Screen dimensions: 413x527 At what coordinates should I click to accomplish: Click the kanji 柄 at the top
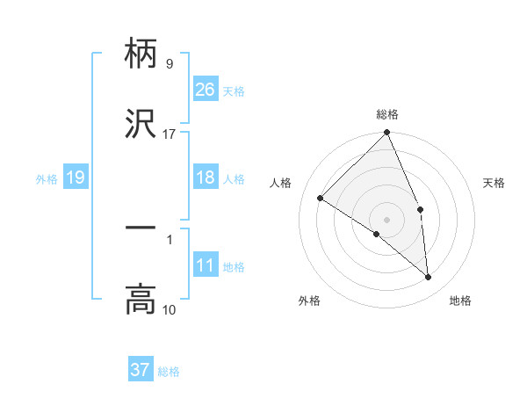141,55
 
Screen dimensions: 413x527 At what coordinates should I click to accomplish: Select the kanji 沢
141,124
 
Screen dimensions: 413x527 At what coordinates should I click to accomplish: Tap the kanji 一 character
141,229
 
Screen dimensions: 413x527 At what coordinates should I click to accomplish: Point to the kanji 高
141,300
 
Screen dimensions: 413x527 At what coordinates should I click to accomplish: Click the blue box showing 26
205,90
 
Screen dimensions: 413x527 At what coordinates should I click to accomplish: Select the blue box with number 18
205,178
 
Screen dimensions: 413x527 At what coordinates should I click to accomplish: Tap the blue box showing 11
205,265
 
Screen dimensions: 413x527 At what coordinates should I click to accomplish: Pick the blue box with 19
75,178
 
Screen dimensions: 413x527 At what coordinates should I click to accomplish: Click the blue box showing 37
140,370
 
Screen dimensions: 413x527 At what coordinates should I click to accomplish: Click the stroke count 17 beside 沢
170,134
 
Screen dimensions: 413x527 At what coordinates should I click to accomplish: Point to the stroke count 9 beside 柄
170,64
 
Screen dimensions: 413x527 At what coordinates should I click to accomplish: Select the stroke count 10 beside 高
170,309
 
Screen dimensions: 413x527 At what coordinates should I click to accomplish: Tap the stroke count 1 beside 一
170,239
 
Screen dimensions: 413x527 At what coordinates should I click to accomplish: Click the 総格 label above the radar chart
387,114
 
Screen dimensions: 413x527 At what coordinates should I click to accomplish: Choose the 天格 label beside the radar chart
495,183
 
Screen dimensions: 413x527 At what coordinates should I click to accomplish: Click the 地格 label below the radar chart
460,301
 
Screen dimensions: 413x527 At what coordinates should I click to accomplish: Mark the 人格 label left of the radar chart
281,183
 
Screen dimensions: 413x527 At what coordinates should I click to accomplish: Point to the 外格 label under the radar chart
309,301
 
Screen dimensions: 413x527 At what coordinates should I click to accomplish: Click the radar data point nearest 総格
387,134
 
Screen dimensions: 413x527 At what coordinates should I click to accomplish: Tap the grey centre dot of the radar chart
387,219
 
